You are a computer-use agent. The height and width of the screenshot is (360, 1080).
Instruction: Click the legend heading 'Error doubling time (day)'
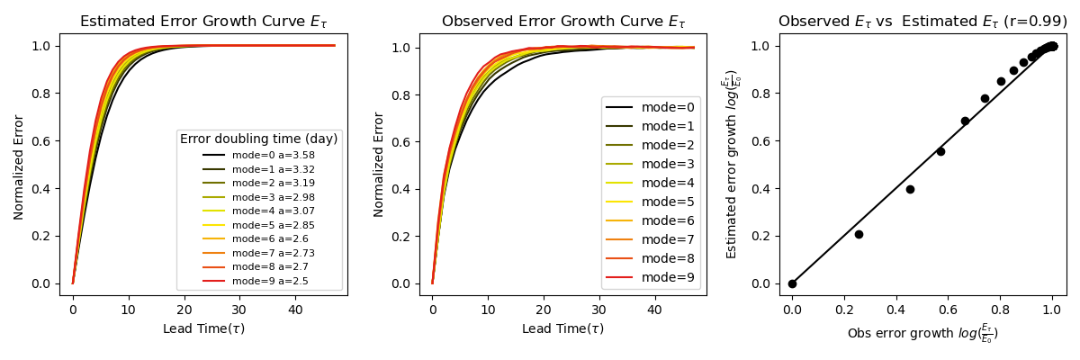259,139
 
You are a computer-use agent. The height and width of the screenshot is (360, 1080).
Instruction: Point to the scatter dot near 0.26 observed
859,234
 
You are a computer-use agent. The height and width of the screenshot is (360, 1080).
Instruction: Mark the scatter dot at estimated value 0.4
910,189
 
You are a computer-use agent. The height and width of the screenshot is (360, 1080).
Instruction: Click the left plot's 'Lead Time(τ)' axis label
203,328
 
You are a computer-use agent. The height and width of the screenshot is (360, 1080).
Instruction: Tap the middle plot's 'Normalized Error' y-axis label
379,165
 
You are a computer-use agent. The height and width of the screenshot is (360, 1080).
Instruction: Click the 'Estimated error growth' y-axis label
733,165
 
